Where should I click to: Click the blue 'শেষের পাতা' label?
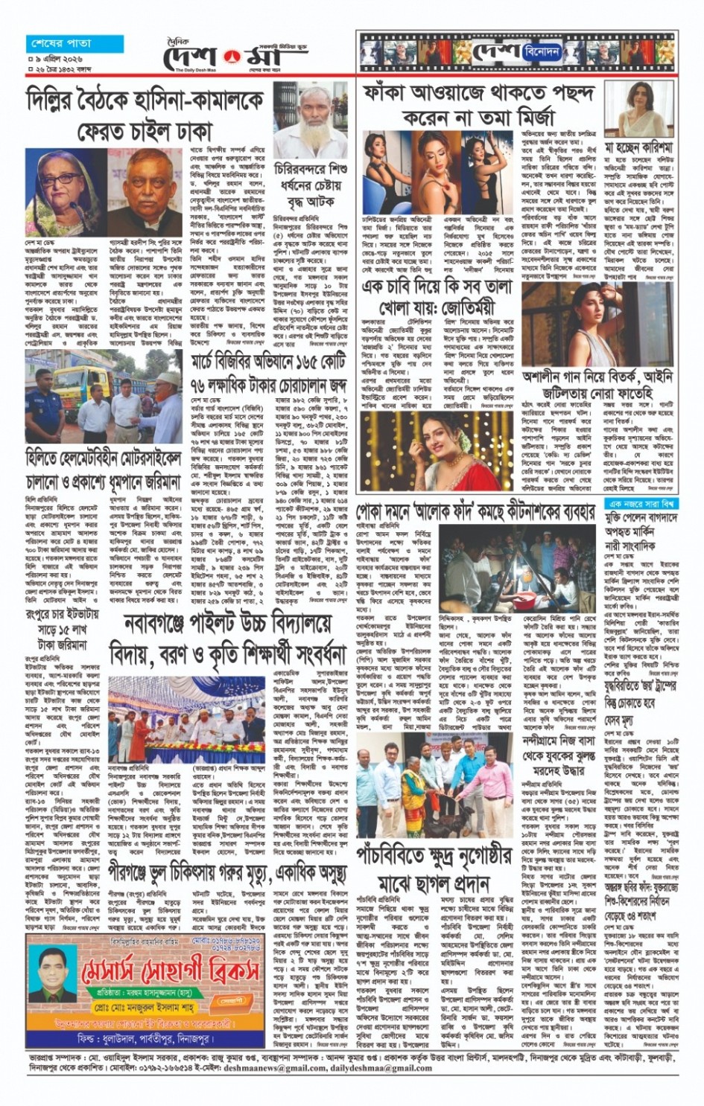coord(59,43)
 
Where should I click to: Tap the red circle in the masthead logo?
coord(229,55)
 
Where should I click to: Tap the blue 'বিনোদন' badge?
coord(542,52)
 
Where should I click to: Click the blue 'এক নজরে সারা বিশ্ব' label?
coord(639,504)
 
